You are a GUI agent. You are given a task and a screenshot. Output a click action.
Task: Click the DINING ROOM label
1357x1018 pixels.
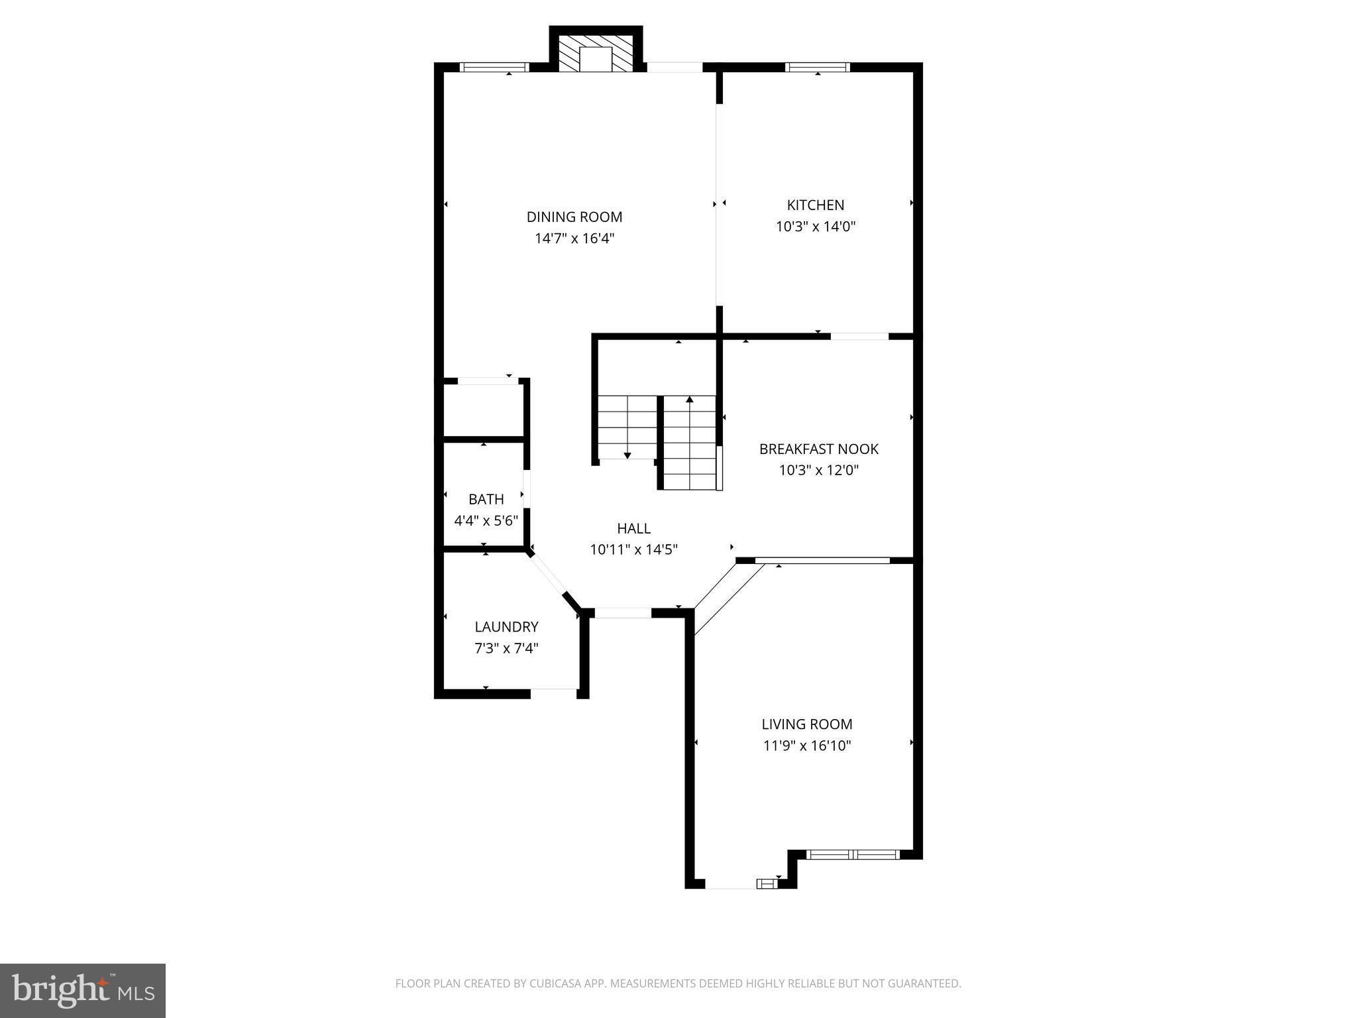click(574, 217)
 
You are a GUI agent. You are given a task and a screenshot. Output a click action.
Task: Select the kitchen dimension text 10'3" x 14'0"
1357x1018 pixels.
click(816, 227)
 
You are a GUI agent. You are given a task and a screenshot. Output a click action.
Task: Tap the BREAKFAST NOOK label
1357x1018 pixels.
click(818, 449)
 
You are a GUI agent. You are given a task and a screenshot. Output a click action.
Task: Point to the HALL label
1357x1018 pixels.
click(633, 528)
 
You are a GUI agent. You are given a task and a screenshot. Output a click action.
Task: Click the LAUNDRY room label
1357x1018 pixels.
click(506, 626)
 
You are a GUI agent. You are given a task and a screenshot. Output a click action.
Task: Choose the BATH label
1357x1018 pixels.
click(486, 499)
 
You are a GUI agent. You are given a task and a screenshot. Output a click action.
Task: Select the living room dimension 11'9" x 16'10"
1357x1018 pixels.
click(806, 746)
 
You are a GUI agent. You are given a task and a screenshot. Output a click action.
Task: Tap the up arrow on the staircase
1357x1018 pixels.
click(689, 400)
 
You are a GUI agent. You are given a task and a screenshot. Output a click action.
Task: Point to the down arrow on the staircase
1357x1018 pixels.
click(627, 455)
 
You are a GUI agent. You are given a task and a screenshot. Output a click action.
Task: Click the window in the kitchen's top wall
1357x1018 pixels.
click(817, 67)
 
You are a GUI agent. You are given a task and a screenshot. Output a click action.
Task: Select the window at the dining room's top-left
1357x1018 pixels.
click(494, 67)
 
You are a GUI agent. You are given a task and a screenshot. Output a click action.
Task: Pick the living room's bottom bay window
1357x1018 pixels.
click(853, 854)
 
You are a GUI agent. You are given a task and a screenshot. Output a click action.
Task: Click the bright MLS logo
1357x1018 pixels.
click(83, 990)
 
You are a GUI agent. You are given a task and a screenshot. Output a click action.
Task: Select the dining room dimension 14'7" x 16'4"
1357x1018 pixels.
click(574, 239)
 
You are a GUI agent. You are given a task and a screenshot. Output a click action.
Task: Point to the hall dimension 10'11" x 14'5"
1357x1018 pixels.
click(633, 549)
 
